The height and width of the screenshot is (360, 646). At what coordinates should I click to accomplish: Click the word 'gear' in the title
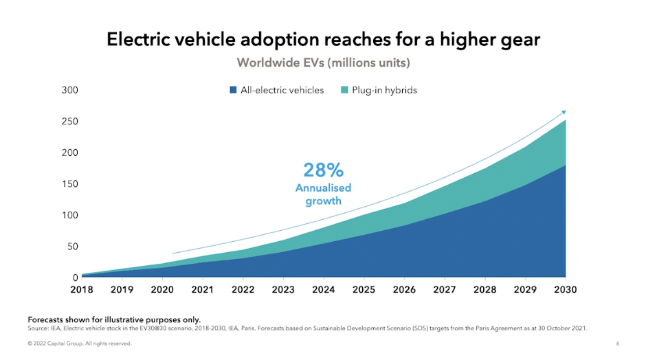517,41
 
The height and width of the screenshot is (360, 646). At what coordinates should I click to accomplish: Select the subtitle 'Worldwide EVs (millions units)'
323,63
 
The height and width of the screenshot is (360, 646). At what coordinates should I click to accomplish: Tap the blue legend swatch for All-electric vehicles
234,90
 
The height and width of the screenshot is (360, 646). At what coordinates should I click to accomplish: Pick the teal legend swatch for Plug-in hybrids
345,90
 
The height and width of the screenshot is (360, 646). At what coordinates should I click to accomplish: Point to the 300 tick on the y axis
70,90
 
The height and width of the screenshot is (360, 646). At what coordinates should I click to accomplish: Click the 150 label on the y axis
70,184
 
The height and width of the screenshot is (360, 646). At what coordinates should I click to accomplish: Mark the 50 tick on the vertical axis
72,247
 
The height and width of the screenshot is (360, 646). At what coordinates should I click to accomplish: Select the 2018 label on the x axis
81,290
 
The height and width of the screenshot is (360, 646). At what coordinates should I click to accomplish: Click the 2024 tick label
323,290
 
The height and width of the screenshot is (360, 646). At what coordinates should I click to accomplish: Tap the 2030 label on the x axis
565,290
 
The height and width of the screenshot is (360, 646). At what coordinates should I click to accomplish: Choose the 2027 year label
444,290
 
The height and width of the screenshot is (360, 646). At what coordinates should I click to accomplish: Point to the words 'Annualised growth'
323,194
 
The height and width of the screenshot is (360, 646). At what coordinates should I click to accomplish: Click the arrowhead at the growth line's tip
564,111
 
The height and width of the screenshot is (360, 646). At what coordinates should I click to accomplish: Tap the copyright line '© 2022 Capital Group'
79,343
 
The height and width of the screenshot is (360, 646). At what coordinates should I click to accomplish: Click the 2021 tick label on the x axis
202,290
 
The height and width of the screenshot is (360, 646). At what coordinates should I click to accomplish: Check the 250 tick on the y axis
70,122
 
